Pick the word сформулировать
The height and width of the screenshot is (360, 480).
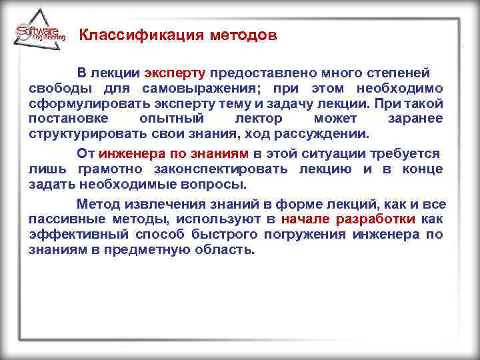tap(74, 104)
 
